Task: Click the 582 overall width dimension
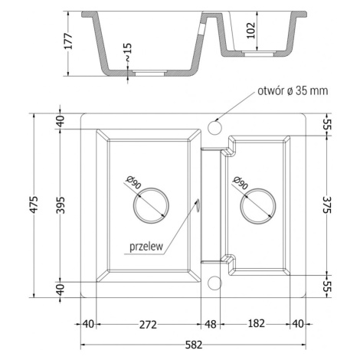tap(194, 345)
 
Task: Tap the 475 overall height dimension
tap(34, 205)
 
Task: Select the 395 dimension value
tap(61, 205)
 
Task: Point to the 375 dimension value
tap(327, 205)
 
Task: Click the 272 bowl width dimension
tap(148, 325)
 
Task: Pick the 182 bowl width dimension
tap(257, 323)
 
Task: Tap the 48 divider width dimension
tap(211, 325)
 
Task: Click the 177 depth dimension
tap(68, 41)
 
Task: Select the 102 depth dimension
tap(250, 31)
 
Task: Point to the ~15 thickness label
tap(128, 52)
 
